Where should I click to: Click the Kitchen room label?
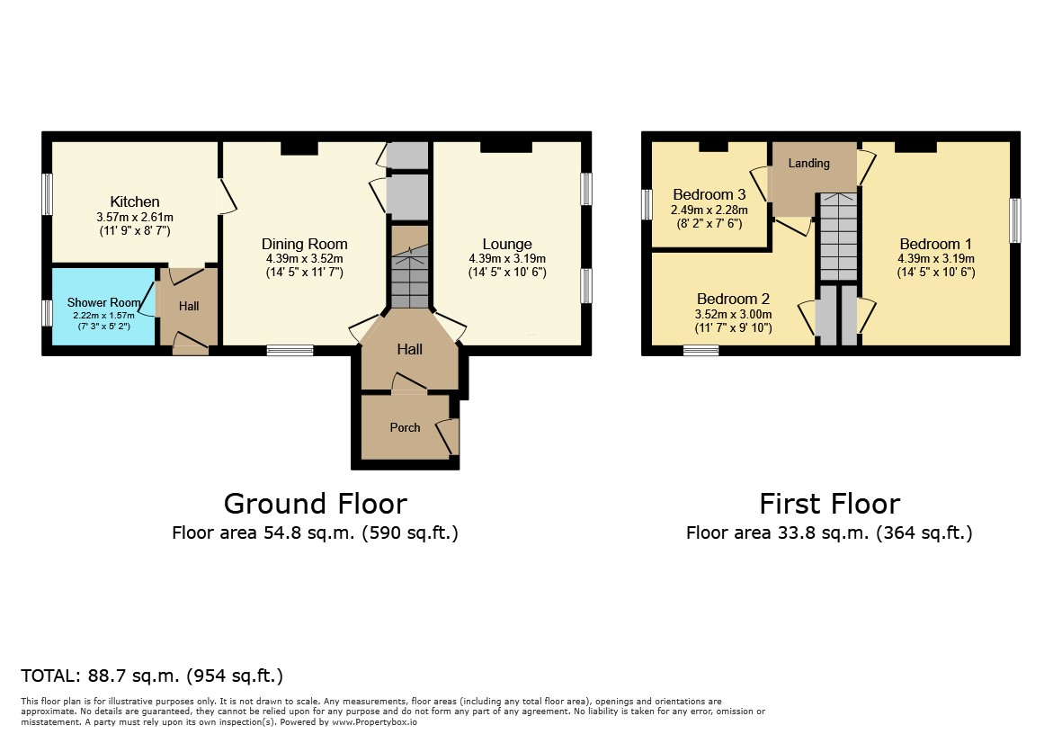(135, 201)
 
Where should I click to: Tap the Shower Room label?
(103, 303)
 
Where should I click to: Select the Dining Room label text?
(304, 244)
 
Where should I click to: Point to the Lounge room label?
(506, 244)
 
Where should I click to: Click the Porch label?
(405, 427)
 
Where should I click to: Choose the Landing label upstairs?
(808, 163)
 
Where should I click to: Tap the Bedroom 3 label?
(709, 195)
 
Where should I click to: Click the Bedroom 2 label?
(733, 299)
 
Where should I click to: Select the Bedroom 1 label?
(935, 244)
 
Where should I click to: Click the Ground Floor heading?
(315, 504)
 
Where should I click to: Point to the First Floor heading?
(829, 504)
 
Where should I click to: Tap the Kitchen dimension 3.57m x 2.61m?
(135, 218)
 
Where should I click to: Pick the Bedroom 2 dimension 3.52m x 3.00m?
(733, 314)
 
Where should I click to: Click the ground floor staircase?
(410, 268)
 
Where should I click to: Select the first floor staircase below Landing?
(839, 237)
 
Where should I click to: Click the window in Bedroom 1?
(1014, 220)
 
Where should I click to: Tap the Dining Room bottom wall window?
(290, 350)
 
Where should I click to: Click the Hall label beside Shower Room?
(189, 306)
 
